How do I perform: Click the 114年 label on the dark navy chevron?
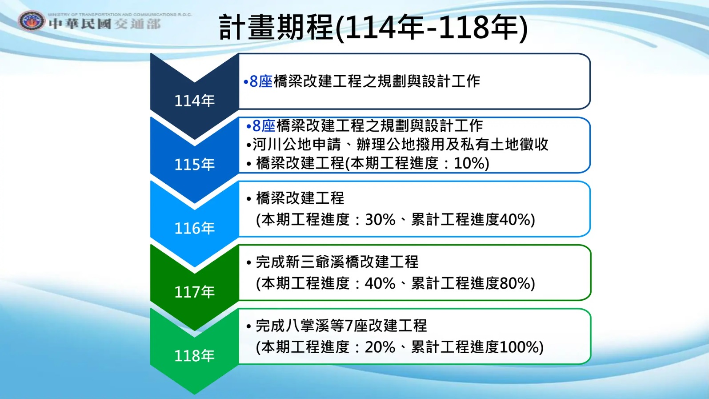tap(194, 101)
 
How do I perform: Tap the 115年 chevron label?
tap(194, 165)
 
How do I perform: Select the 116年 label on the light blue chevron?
tap(194, 228)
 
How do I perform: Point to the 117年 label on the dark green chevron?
tap(194, 292)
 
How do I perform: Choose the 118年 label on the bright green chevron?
tap(194, 355)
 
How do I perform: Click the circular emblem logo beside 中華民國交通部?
tap(31, 21)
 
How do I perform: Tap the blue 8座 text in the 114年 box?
tap(261, 81)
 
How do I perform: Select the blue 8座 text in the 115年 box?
tap(264, 126)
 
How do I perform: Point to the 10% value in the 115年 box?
tap(468, 163)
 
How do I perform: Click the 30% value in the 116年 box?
tap(380, 219)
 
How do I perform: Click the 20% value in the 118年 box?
tap(380, 347)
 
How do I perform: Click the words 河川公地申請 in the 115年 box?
tap(296, 145)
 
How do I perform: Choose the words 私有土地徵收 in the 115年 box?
tap(504, 145)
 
